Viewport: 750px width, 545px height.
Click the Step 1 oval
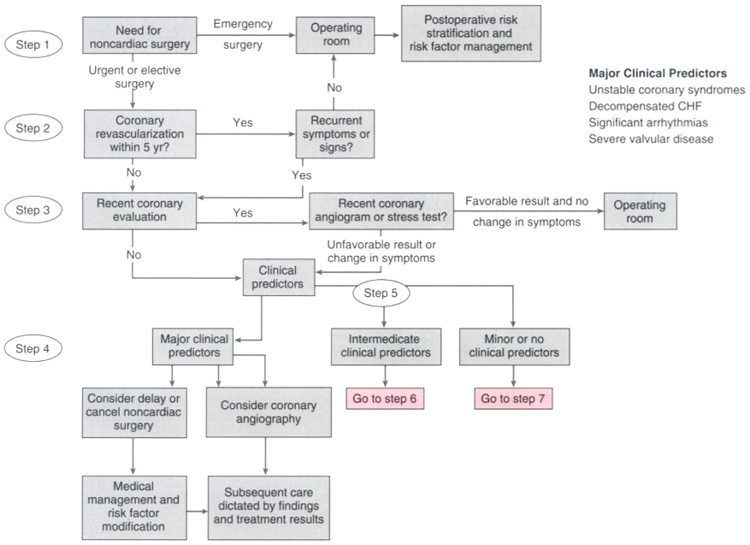(x=32, y=44)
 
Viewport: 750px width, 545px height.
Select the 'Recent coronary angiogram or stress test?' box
(x=381, y=211)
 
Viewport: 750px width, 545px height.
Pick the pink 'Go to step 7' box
(x=511, y=400)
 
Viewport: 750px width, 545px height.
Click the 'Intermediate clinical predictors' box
(x=386, y=346)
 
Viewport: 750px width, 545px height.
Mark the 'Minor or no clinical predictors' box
(x=511, y=346)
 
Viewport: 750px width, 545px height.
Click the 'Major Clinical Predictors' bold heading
(x=658, y=74)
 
